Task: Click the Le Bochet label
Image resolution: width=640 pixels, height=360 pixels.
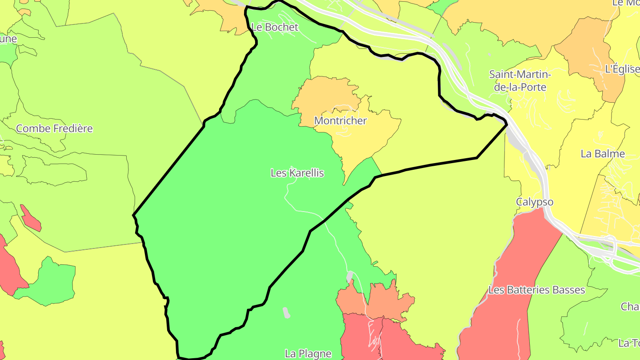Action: [x=275, y=27]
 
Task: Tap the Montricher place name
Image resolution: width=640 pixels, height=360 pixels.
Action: [x=340, y=120]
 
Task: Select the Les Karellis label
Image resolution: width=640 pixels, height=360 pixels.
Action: [x=297, y=173]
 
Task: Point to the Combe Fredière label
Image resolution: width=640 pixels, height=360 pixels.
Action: [x=54, y=129]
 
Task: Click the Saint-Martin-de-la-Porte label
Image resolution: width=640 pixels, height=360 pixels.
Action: [x=520, y=80]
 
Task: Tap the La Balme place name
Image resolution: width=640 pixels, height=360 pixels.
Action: [x=603, y=154]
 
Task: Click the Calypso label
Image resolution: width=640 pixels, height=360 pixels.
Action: [x=535, y=202]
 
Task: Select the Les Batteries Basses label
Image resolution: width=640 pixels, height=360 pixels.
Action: [x=536, y=290]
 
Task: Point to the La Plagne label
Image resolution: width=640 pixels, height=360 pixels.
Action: [x=308, y=354]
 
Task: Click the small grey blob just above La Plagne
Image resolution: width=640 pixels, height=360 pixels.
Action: [x=286, y=313]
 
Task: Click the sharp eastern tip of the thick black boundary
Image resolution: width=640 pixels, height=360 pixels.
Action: [x=507, y=125]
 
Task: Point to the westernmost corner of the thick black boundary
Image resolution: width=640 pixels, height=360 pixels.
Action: [x=133, y=216]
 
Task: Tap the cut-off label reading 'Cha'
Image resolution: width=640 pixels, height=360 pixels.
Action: [x=630, y=307]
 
